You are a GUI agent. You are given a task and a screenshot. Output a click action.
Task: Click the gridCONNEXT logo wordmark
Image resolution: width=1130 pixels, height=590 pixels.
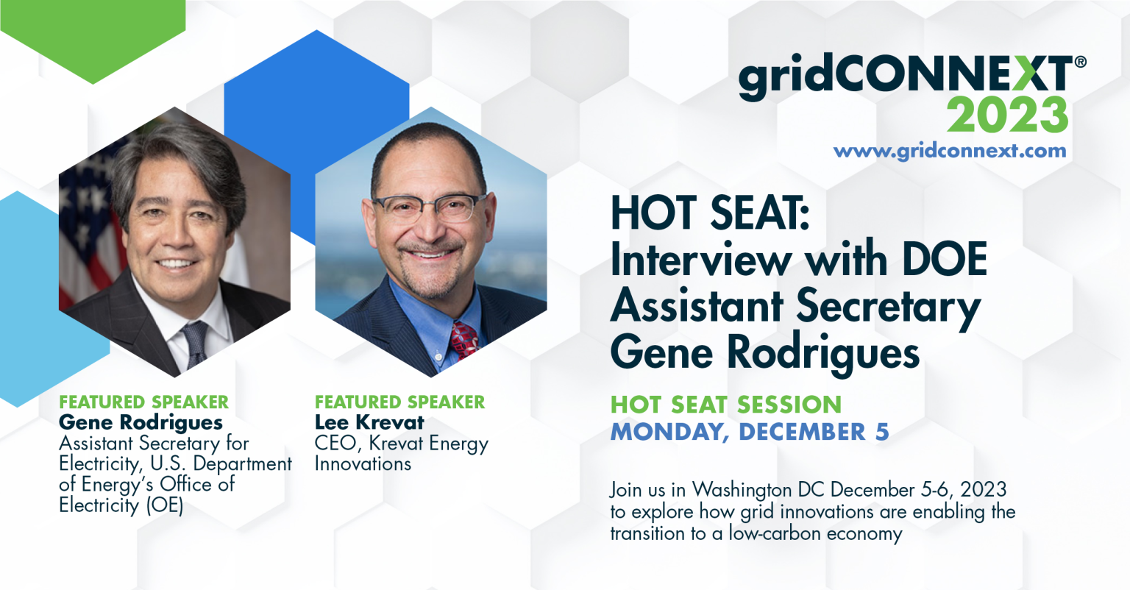pyautogui.click(x=906, y=77)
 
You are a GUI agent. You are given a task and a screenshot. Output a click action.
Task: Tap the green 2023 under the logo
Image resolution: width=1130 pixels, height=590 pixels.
pyautogui.click(x=1007, y=115)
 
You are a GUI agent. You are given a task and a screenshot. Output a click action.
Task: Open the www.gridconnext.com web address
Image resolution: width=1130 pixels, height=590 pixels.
pyautogui.click(x=950, y=151)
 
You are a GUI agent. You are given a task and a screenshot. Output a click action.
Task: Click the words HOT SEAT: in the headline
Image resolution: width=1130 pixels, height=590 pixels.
pyautogui.click(x=710, y=213)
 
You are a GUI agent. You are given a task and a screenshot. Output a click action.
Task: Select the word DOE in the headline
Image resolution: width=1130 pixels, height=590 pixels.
pyautogui.click(x=945, y=259)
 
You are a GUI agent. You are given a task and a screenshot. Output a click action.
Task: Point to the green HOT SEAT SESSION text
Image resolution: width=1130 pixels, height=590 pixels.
pyautogui.click(x=726, y=405)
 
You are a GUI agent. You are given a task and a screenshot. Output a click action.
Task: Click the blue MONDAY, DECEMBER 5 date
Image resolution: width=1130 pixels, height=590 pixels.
pyautogui.click(x=750, y=432)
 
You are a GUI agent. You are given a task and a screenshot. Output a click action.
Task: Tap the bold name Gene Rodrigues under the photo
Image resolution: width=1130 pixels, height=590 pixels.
pyautogui.click(x=141, y=422)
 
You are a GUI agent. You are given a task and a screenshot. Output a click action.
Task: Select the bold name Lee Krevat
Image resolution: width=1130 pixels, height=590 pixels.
pyautogui.click(x=369, y=422)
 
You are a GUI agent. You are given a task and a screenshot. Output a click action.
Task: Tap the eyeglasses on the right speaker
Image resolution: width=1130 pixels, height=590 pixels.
pyautogui.click(x=429, y=207)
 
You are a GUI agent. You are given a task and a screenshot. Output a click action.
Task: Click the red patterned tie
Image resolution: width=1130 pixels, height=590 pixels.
pyautogui.click(x=463, y=340)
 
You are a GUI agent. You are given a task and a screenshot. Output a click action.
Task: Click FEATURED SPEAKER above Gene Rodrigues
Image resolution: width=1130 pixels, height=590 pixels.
pyautogui.click(x=143, y=402)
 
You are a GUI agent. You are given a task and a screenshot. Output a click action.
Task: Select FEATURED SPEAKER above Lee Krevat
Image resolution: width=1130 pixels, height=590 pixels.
pyautogui.click(x=399, y=402)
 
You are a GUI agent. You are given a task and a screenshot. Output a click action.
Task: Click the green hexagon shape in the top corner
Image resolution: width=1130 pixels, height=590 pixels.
pyautogui.click(x=93, y=35)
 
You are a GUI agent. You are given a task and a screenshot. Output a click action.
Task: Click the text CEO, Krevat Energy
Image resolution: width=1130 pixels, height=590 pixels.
pyautogui.click(x=402, y=444)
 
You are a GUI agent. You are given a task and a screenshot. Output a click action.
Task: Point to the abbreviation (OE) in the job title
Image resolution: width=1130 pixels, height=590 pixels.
pyautogui.click(x=165, y=505)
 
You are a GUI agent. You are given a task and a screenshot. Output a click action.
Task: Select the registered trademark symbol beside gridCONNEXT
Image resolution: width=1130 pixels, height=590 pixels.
pyautogui.click(x=1081, y=62)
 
